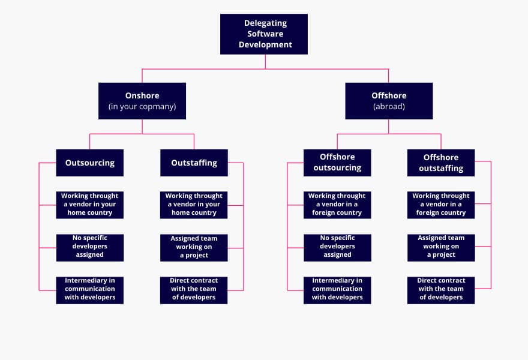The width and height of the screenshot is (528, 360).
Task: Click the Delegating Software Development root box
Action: coord(264,34)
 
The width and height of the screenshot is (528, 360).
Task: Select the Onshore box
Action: coord(142,101)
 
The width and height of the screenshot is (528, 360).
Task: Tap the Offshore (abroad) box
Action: coord(389,101)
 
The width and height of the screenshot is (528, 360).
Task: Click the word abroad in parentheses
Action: coord(389,107)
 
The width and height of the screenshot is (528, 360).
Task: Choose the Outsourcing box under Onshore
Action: coord(90,163)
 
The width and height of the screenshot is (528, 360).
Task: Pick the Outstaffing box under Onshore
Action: coord(194,163)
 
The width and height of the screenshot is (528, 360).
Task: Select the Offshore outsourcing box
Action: coord(337,163)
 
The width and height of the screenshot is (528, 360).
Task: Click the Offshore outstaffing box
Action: coord(441,163)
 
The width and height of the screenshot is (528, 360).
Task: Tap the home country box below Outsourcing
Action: coord(90,205)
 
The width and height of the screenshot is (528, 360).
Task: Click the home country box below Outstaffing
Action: coord(194,205)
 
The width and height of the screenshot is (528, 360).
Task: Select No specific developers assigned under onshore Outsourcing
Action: coord(90,247)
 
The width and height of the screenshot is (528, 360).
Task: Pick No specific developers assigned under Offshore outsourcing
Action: coord(337,247)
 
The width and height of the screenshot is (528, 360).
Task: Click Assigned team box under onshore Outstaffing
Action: coord(194,247)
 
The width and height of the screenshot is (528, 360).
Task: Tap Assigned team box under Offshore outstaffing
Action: coord(441,247)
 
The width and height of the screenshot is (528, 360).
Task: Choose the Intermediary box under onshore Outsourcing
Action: coord(90,290)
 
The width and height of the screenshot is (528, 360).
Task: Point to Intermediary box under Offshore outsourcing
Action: coord(337,290)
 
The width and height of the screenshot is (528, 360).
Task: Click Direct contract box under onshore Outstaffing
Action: coord(194,290)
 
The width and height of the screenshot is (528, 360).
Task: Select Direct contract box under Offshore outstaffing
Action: coord(441,290)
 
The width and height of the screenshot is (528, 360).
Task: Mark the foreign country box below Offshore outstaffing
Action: coord(441,205)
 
